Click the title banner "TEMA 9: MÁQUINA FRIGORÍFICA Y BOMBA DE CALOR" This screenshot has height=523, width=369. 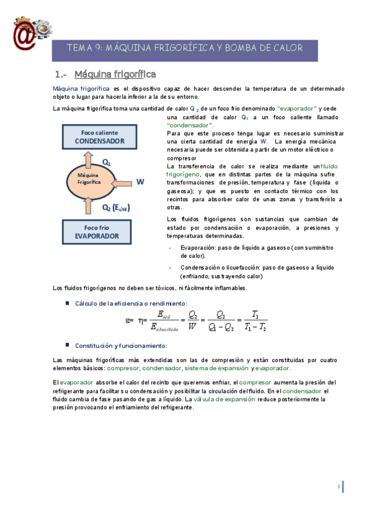point(184,48)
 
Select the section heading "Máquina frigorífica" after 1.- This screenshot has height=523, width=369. point(115,75)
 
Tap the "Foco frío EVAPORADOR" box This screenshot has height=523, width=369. point(101,231)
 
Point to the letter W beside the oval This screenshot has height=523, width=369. point(140,182)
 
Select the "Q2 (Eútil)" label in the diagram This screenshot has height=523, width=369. point(116,207)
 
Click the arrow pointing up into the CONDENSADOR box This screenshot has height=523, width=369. point(89,160)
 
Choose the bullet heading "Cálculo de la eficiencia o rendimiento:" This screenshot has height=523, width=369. point(131,303)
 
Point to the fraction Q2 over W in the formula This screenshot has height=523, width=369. point(193,321)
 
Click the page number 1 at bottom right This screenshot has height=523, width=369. point(339,487)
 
